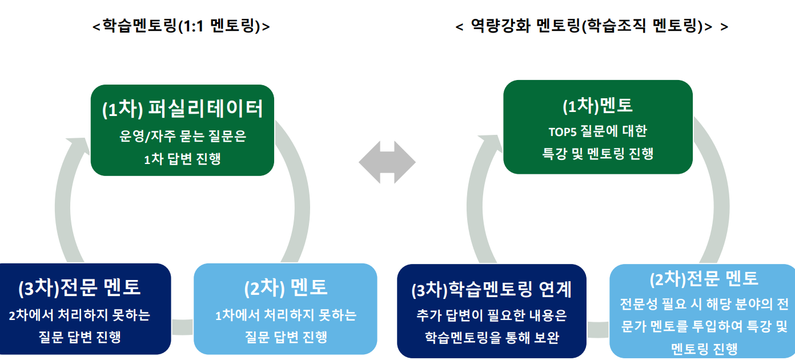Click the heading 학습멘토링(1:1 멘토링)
tap(181, 26)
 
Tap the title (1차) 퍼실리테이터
tap(182, 109)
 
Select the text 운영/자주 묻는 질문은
tap(182, 137)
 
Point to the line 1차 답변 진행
tap(182, 159)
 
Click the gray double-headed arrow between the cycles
tap(387, 162)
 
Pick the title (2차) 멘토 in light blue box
tap(286, 288)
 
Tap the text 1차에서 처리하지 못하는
tap(286, 315)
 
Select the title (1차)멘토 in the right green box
tap(597, 106)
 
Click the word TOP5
tap(564, 131)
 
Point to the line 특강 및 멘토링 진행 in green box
tap(597, 153)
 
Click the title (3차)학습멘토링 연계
tap(491, 289)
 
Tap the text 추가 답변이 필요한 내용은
tap(491, 315)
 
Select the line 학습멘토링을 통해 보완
tap(491, 337)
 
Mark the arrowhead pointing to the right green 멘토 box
tap(490, 143)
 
